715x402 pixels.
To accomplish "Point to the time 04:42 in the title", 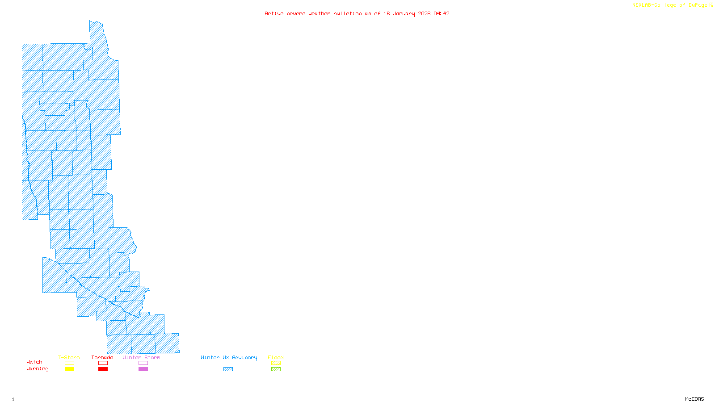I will (442, 13).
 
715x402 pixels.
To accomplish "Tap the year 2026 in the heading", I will (425, 13).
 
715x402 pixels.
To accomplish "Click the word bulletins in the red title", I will (348, 13).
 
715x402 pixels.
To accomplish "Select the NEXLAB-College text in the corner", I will (654, 5).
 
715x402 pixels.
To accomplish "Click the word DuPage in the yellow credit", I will (698, 5).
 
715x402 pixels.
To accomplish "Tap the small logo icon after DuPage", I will (711, 5).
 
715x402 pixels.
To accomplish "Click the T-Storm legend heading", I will (69, 357).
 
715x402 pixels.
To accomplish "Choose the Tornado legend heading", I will (102, 357).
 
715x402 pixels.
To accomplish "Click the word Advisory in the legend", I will (244, 357).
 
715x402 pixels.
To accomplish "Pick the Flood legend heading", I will (276, 357).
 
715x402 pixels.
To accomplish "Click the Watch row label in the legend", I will (34, 362).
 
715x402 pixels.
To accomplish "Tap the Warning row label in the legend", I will (38, 369).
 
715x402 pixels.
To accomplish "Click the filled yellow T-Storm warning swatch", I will (69, 369).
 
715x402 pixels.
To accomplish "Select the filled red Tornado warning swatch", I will (103, 369).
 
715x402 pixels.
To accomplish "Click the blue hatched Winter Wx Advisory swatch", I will (228, 369).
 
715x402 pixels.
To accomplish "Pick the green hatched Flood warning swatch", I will (276, 369).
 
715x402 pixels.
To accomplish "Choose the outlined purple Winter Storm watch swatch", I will (143, 363).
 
